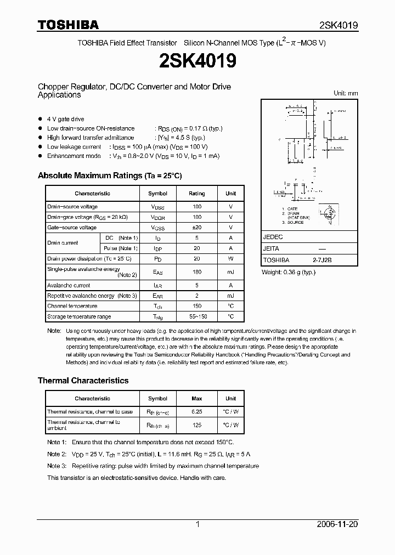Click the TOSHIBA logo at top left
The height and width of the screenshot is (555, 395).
pos(68,25)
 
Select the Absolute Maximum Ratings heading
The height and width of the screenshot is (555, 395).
pos(109,175)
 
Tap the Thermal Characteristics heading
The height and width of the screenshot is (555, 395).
pos(83,381)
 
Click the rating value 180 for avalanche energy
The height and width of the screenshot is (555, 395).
pos(196,272)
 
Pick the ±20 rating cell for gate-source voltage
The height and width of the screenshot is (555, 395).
pos(196,228)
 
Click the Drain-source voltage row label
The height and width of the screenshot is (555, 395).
pos(72,207)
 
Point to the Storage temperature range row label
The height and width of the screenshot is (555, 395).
pos(79,316)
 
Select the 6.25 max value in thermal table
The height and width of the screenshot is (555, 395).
pos(196,412)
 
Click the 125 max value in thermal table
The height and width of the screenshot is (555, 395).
pos(196,425)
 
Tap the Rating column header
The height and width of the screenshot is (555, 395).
pos(196,194)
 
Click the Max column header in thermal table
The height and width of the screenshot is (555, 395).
pos(196,399)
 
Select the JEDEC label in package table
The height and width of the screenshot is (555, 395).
pos(273,237)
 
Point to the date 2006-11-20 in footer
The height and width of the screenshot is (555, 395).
pos(337,524)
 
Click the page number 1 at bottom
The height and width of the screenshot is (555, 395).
pos(198,524)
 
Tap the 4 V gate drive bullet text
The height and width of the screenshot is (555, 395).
pos(65,119)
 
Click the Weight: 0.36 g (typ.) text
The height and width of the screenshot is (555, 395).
pos(288,273)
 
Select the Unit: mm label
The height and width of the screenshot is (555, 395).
pos(346,93)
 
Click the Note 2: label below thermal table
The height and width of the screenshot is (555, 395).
pos(57,454)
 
